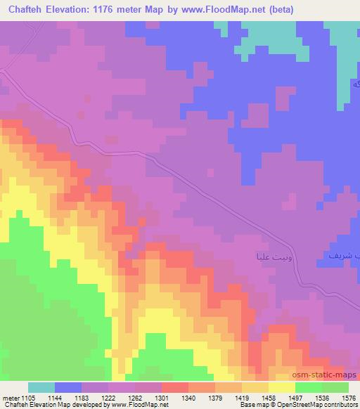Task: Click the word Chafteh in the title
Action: [x=24, y=9]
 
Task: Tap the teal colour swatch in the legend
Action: [x=41, y=387]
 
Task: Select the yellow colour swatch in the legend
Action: [x=282, y=387]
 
